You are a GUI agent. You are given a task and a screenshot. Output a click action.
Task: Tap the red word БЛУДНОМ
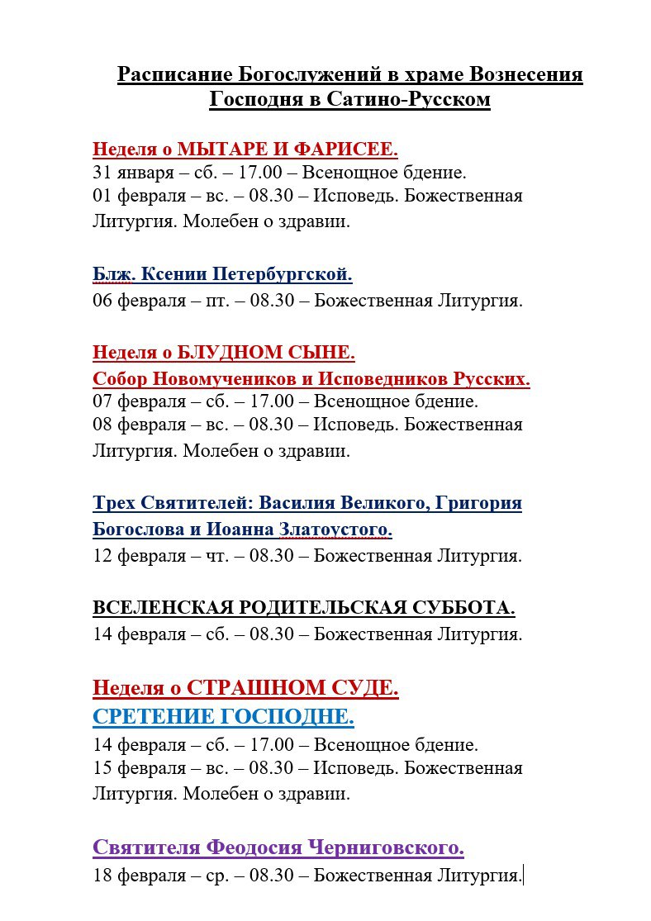tap(216, 353)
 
